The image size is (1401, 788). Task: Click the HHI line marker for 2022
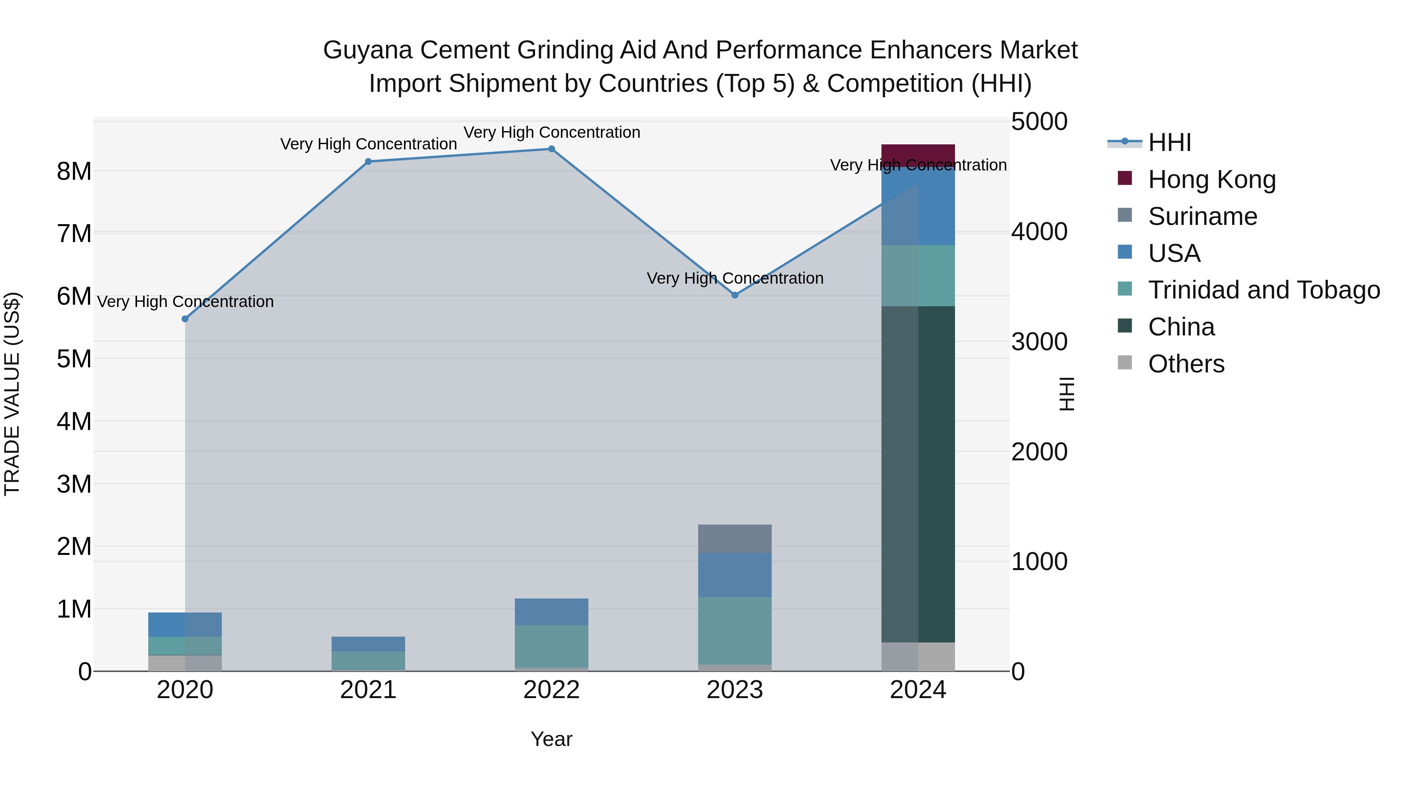[x=551, y=149]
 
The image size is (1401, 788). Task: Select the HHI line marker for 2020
[x=185, y=319]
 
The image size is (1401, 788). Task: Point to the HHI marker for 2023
[x=735, y=295]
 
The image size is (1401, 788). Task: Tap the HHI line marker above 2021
[x=368, y=161]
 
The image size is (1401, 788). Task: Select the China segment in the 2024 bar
[x=918, y=473]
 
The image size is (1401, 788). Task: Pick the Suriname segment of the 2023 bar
[x=735, y=539]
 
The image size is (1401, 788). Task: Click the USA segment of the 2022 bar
[x=551, y=612]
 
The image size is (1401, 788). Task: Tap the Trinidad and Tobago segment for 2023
[x=735, y=630]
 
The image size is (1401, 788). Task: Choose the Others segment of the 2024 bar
[x=918, y=656]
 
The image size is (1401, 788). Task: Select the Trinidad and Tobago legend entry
[x=1263, y=290]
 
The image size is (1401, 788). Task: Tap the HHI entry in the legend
[x=1169, y=142]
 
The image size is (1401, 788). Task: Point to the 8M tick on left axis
[x=74, y=171]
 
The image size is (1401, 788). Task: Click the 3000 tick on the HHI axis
[x=1039, y=342]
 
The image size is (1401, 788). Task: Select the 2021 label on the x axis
[x=368, y=690]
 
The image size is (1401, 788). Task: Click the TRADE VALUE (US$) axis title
[x=12, y=394]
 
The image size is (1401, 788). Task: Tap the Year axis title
[x=551, y=739]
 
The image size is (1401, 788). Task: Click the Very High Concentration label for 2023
[x=735, y=279]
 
